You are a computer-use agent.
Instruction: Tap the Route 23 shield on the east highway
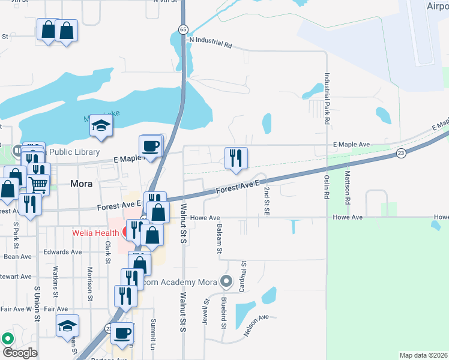point(400,154)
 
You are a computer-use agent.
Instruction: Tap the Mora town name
point(80,184)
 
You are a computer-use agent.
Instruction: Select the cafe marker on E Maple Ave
point(150,146)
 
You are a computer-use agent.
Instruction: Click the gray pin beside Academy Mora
point(226,280)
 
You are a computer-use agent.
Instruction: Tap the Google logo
point(20,353)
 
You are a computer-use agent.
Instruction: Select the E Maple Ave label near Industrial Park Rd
point(352,145)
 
